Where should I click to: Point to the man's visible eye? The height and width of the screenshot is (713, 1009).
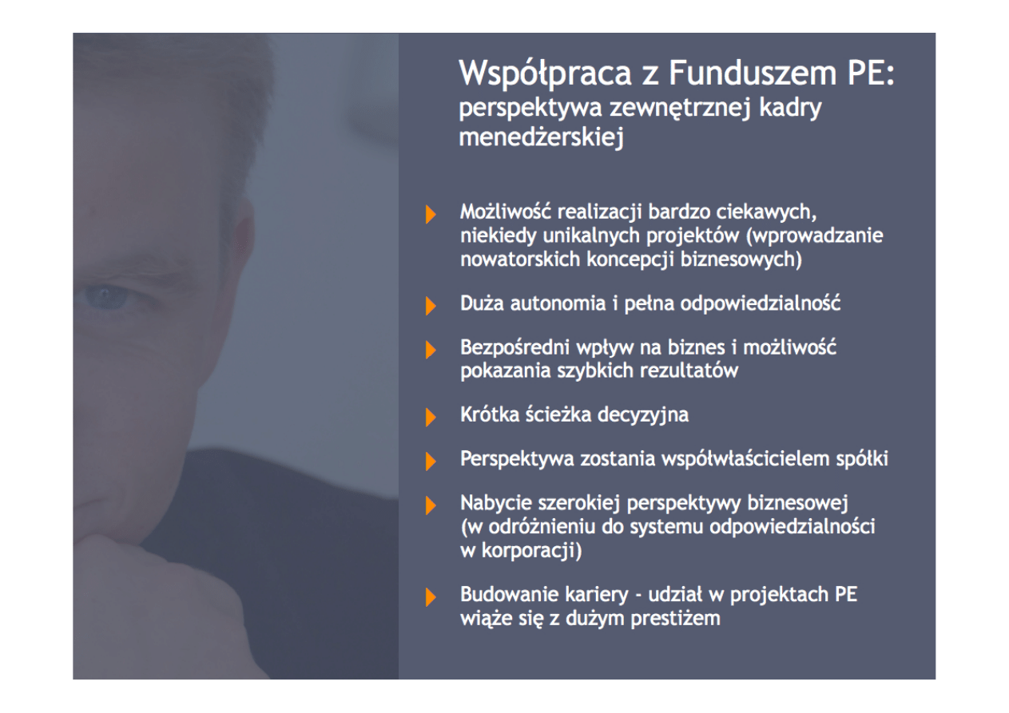coord(107,297)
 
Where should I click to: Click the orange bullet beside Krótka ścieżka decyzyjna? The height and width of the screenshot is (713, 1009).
coord(431,417)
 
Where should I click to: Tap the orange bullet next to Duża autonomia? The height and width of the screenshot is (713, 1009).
coord(431,305)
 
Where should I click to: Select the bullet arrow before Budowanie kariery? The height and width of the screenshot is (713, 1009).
coord(431,596)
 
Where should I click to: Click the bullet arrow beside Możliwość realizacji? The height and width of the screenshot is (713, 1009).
coord(431,214)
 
